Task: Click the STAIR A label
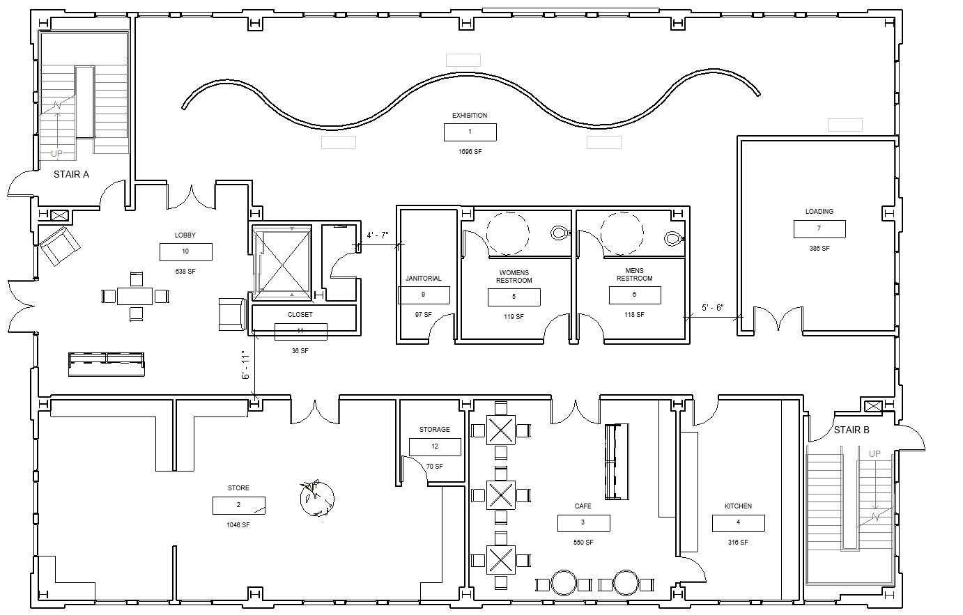point(71,175)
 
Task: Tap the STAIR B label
point(852,430)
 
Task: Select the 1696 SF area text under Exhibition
point(470,152)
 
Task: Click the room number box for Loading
point(819,228)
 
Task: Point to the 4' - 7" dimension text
point(378,235)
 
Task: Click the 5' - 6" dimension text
point(713,308)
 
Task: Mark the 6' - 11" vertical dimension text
point(245,366)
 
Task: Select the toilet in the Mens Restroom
point(674,238)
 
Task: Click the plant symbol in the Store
point(317,498)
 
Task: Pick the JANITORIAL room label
point(423,279)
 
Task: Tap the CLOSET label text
point(300,315)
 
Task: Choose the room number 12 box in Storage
point(435,446)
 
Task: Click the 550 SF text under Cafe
point(583,543)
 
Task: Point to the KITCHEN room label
point(738,506)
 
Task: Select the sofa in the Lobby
point(106,364)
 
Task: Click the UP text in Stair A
point(56,153)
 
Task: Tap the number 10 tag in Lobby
point(185,251)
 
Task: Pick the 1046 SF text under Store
point(238,524)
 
